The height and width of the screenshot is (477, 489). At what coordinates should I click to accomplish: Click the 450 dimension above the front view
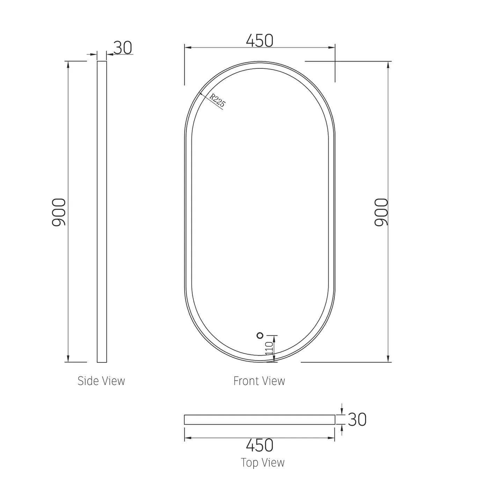coord(260,41)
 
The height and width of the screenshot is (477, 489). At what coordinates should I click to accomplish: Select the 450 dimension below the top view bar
coord(260,445)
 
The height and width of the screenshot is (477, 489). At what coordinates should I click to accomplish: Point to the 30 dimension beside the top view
coord(357,420)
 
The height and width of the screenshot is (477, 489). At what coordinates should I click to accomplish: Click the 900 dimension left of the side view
coord(59,212)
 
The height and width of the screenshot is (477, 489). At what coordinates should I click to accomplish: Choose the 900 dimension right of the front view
coord(381,212)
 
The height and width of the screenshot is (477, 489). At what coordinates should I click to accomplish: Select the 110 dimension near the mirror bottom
coord(269,349)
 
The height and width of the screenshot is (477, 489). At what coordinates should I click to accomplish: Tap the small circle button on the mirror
coord(260,335)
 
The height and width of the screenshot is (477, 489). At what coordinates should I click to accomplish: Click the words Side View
coord(101,381)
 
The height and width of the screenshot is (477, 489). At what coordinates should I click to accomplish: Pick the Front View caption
coord(259,381)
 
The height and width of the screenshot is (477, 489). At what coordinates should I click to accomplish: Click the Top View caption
coord(262,463)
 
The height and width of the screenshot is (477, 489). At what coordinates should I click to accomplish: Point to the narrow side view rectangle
coord(102,212)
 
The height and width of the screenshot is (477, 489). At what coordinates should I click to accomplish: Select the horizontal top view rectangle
coord(260,420)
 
